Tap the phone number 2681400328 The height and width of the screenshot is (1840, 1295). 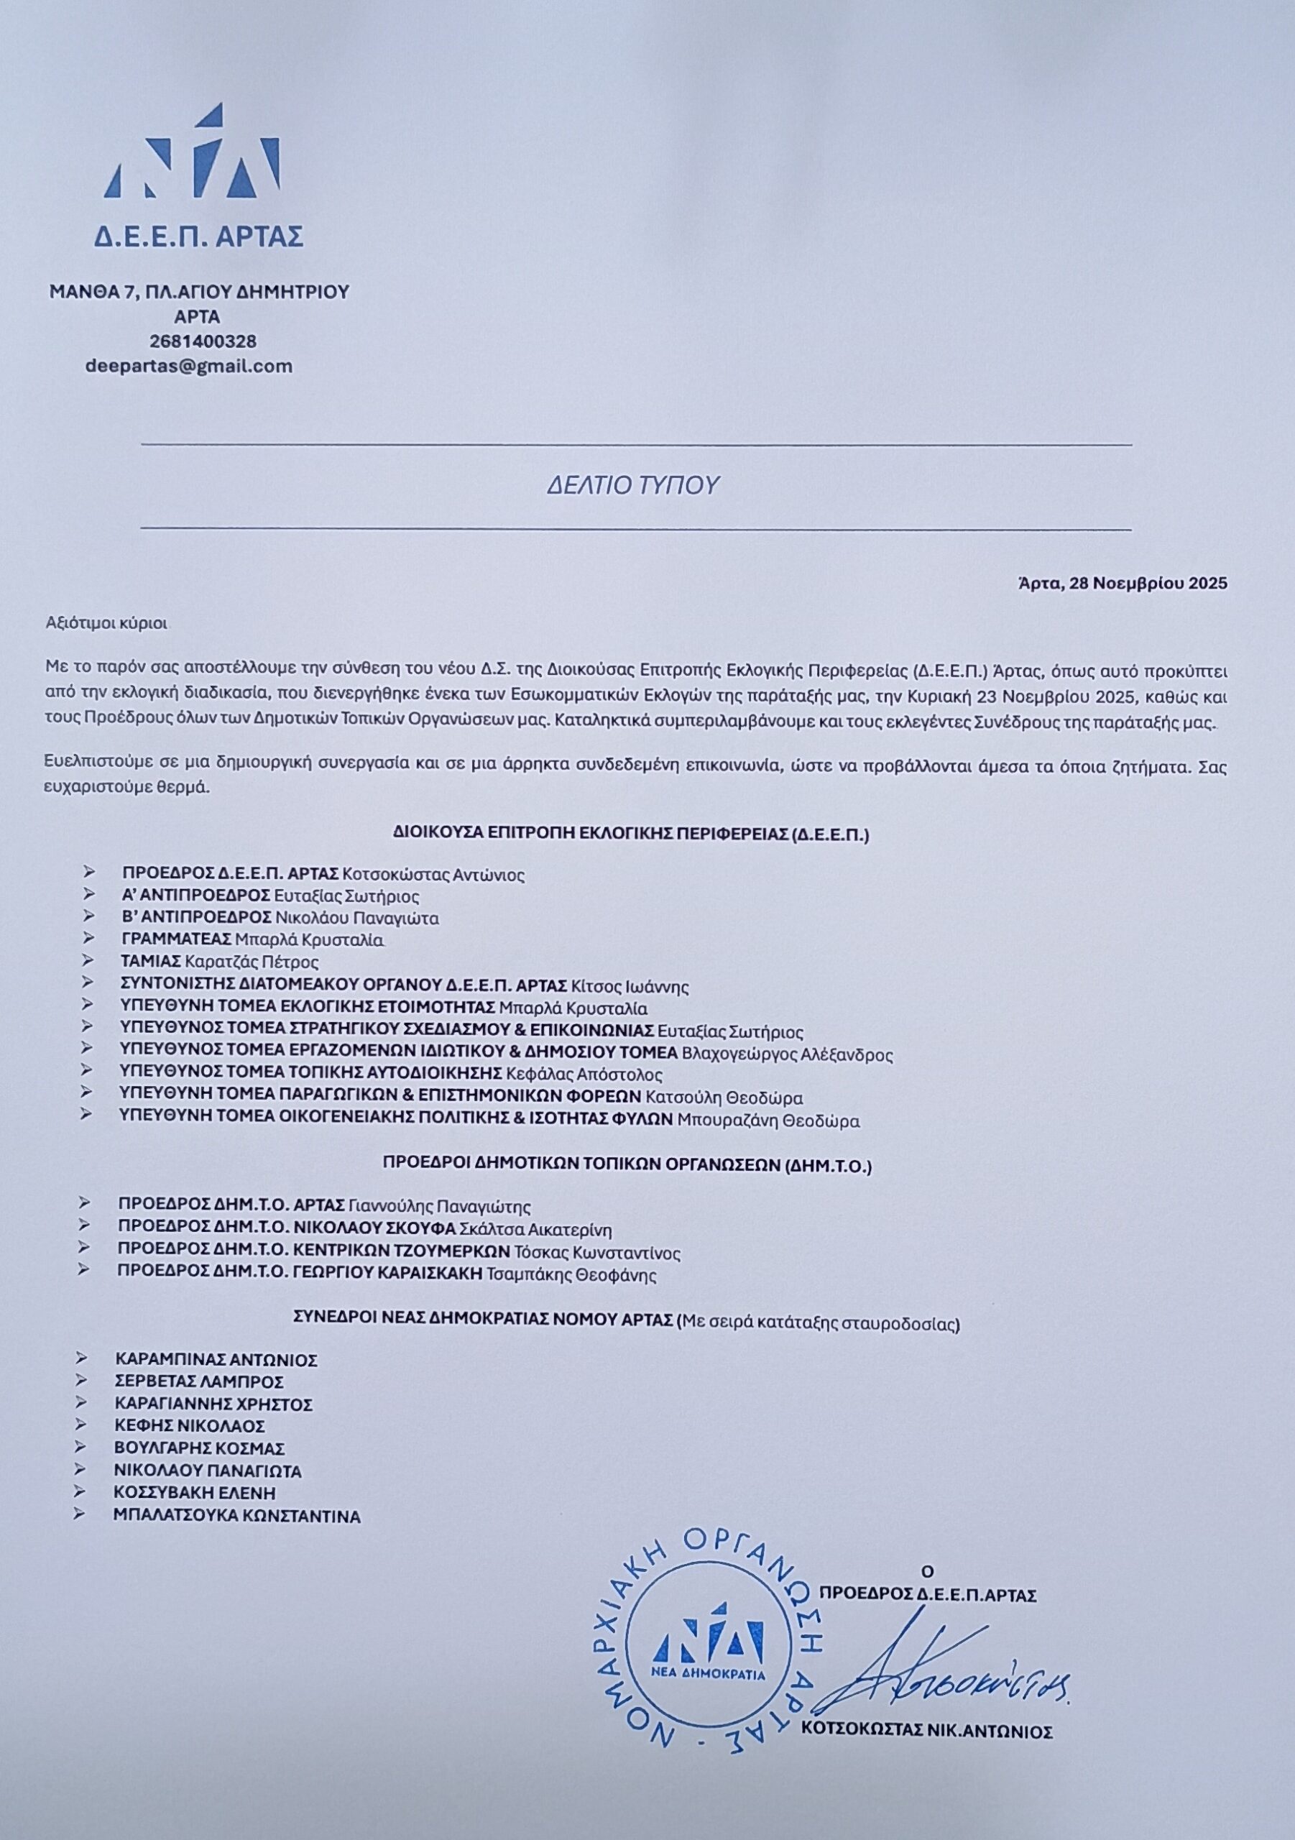coord(203,341)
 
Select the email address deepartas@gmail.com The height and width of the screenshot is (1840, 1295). coord(189,367)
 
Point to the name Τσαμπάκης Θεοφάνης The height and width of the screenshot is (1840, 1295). coord(571,1275)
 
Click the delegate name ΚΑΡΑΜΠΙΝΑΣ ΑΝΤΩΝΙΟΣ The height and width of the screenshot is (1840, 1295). coord(216,1359)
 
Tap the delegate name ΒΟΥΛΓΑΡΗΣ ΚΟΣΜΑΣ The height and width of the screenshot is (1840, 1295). coord(200,1449)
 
